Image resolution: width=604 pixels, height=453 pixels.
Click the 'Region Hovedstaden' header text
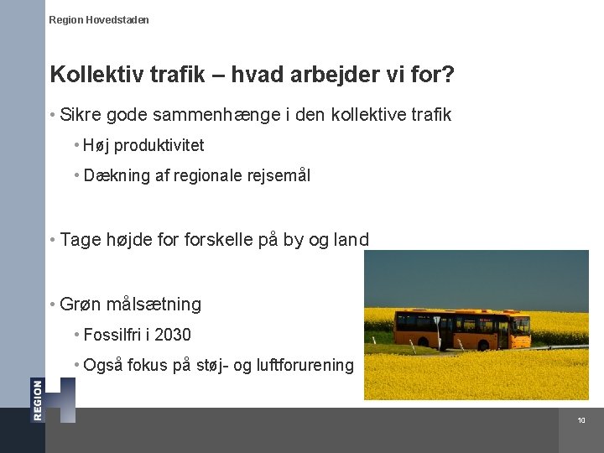pyautogui.click(x=99, y=19)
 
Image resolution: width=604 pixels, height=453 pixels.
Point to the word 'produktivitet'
pyautogui.click(x=159, y=145)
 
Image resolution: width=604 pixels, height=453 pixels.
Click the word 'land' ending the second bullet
pyautogui.click(x=351, y=240)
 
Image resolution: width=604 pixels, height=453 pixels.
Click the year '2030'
pyautogui.click(x=173, y=335)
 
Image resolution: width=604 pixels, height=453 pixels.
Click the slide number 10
pyautogui.click(x=581, y=420)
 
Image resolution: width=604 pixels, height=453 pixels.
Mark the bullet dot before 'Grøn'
pyautogui.click(x=53, y=305)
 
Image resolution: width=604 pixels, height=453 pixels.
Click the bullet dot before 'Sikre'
pyautogui.click(x=53, y=114)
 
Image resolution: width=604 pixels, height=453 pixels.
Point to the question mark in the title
pyautogui.click(x=449, y=75)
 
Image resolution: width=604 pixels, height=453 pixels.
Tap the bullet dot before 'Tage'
pyautogui.click(x=53, y=240)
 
